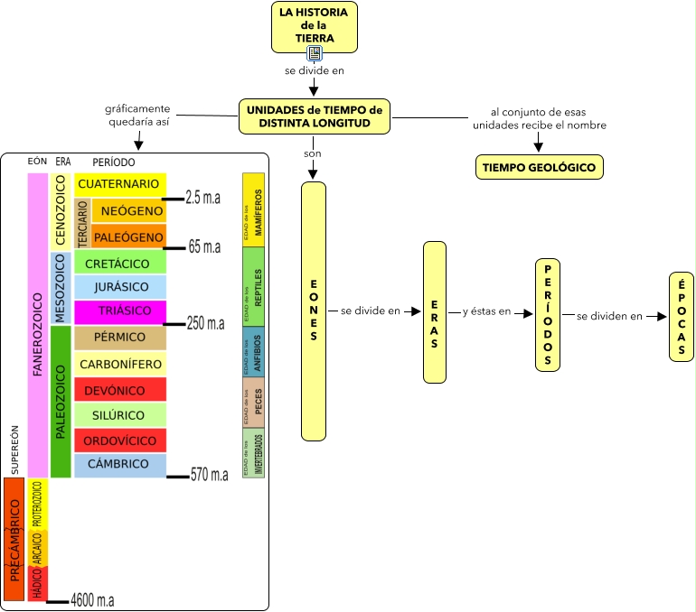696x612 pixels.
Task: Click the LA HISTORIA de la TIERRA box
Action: click(315, 26)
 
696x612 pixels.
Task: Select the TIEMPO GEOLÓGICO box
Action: click(539, 167)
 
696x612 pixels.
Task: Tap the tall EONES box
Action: click(313, 311)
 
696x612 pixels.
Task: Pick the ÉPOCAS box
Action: click(681, 317)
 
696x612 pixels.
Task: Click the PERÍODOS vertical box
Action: click(548, 314)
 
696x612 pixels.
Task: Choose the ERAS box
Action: click(435, 311)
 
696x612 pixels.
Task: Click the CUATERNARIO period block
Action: click(119, 184)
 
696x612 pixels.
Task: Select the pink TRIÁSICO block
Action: click(119, 312)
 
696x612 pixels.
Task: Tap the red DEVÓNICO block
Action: click(119, 390)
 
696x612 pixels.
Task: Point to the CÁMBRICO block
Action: click(119, 464)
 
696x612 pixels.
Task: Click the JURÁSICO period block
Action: click(119, 287)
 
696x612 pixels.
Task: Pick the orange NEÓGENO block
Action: click(129, 211)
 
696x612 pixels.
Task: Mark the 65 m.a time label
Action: click(204, 246)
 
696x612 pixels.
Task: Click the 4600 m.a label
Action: click(92, 600)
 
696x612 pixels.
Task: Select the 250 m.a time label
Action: click(204, 323)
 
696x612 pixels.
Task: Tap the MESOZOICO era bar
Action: click(61, 288)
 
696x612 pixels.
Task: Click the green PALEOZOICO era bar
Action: click(61, 402)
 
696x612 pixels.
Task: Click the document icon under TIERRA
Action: click(314, 53)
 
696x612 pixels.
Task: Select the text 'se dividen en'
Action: click(609, 316)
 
